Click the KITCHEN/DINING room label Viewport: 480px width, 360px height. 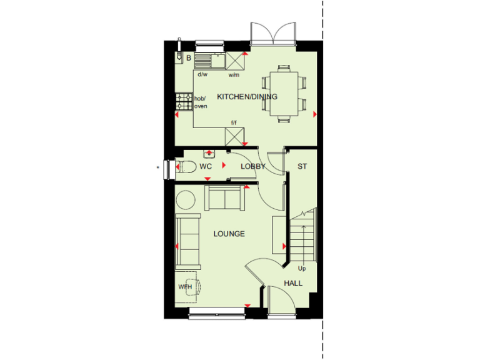pyautogui.click(x=247, y=97)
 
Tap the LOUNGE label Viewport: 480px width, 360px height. pyautogui.click(x=229, y=234)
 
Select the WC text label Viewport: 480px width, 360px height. pyautogui.click(x=206, y=166)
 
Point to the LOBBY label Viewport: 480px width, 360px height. pyautogui.click(x=253, y=166)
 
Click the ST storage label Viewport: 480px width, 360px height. pyautogui.click(x=302, y=166)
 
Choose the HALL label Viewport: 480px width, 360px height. pyautogui.click(x=293, y=283)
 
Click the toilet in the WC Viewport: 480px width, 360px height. pyautogui.click(x=185, y=166)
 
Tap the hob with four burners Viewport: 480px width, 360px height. pyautogui.click(x=184, y=101)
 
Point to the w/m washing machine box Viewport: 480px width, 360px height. pyautogui.click(x=234, y=61)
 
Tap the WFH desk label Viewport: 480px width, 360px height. pyautogui.click(x=186, y=287)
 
